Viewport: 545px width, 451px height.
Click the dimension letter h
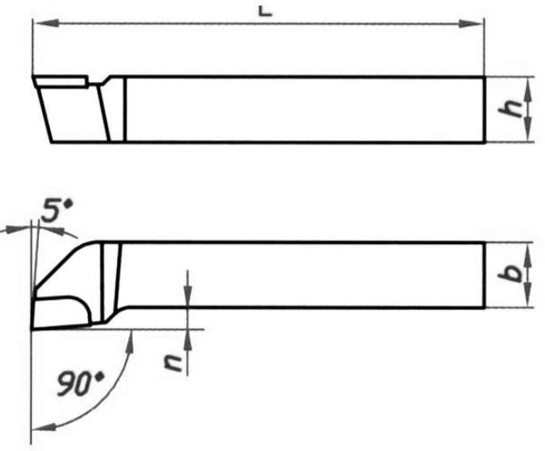tap(518, 110)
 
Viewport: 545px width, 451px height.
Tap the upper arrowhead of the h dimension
tap(531, 84)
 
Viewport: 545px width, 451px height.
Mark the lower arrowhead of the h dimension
tap(531, 136)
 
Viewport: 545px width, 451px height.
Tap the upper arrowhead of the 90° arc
tap(129, 338)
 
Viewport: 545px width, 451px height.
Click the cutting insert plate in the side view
tap(60, 80)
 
